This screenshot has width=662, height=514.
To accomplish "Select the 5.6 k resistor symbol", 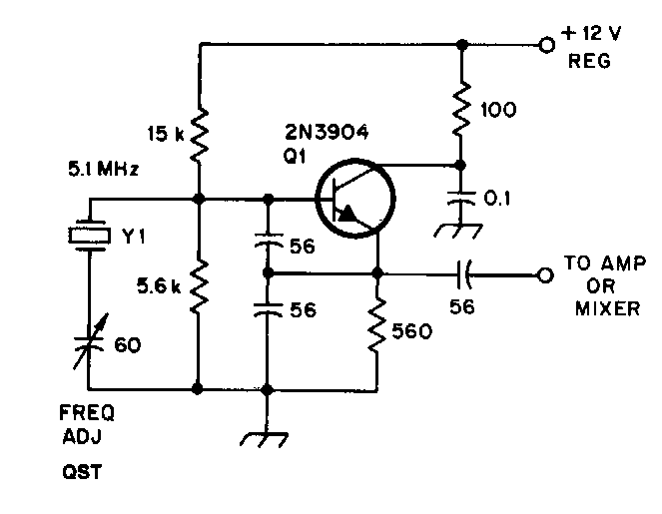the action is click(199, 286).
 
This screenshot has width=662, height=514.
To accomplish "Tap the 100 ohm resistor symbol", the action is click(462, 109).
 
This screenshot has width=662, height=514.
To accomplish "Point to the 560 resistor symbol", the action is click(377, 324).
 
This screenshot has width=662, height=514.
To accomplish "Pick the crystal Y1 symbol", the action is click(90, 236).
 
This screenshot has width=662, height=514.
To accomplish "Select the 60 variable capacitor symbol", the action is click(90, 341).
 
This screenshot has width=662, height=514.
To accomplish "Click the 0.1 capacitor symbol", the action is click(461, 198).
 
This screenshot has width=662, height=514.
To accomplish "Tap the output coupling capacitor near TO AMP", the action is click(464, 274).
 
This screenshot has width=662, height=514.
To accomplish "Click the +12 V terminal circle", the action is click(547, 44).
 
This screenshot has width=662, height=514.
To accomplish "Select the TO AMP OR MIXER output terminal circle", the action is click(545, 275).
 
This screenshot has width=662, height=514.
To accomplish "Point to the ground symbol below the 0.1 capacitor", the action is click(459, 231).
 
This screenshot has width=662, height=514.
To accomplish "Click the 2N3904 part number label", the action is click(327, 132).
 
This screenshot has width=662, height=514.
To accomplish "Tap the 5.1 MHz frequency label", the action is click(103, 170).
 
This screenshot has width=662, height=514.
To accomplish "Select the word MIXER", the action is click(607, 308).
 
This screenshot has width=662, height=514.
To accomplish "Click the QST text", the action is click(82, 471).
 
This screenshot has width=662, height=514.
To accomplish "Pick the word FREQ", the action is click(87, 413).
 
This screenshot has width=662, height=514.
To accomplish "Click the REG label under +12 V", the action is click(589, 61).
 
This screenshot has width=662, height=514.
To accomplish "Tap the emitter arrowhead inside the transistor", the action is click(347, 214).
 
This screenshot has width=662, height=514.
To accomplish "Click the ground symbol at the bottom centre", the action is click(265, 439).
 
